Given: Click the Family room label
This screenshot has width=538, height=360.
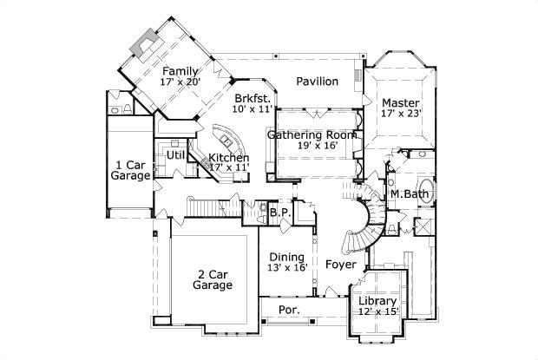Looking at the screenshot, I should pyautogui.click(x=180, y=71).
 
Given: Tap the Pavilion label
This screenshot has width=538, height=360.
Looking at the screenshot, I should pyautogui.click(x=317, y=82).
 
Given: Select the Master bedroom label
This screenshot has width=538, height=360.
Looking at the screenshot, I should pyautogui.click(x=401, y=102).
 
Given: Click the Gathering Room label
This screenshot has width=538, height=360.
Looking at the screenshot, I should pyautogui.click(x=313, y=135).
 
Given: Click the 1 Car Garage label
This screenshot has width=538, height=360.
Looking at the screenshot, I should pyautogui.click(x=131, y=170).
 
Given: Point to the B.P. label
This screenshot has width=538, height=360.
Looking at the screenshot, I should pyautogui.click(x=279, y=213).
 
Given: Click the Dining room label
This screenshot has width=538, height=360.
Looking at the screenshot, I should pyautogui.click(x=286, y=258).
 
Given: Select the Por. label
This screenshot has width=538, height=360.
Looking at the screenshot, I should pyautogui.click(x=288, y=310).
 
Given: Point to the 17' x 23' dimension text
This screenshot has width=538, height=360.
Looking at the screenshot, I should pyautogui.click(x=401, y=113).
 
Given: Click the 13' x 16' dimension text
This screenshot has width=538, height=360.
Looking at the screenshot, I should pyautogui.click(x=286, y=268).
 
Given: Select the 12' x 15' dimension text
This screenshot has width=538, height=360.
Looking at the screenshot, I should pyautogui.click(x=377, y=311).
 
